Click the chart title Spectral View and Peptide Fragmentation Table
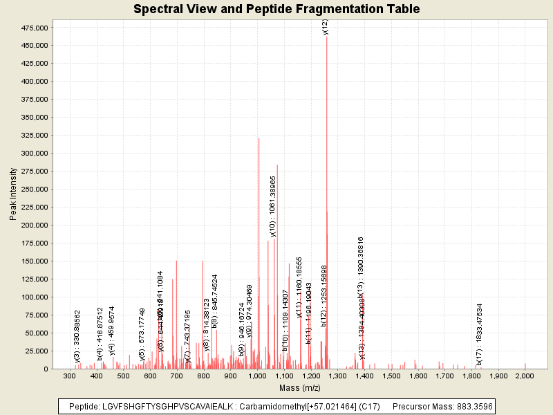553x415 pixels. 276,9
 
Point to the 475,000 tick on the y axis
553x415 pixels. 32,28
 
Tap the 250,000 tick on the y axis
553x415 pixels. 32,190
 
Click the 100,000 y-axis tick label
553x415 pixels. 32,297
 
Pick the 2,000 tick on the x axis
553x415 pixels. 525,376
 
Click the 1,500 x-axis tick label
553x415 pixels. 391,376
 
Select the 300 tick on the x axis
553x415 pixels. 70,376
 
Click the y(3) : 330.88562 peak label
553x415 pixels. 77,336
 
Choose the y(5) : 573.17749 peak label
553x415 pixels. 142,335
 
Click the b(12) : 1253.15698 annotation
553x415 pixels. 324,295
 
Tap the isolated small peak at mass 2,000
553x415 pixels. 525,366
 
